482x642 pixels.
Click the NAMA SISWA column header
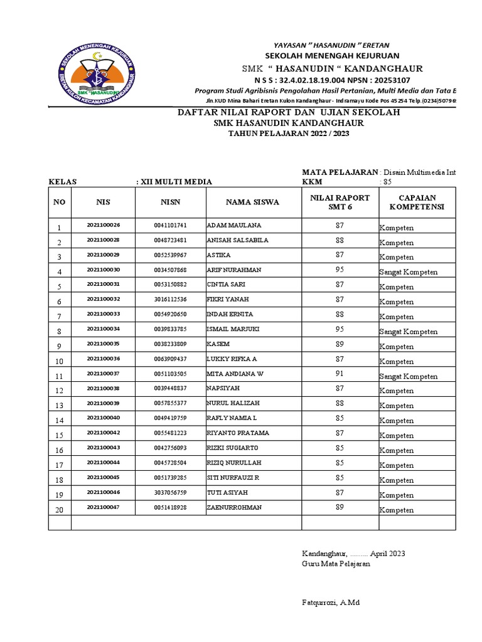pyautogui.click(x=253, y=202)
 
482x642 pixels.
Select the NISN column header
pyautogui.click(x=170, y=202)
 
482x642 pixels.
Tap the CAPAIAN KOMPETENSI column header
pyautogui.click(x=417, y=202)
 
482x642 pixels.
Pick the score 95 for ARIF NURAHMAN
pyautogui.click(x=340, y=270)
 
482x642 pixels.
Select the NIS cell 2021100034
pyautogui.click(x=103, y=329)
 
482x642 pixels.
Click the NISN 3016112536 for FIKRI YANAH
pyautogui.click(x=170, y=300)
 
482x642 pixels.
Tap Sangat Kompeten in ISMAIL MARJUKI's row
pyautogui.click(x=408, y=332)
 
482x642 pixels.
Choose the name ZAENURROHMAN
pyautogui.click(x=235, y=508)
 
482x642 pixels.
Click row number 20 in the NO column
pyautogui.click(x=60, y=510)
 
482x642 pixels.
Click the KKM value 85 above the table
pyautogui.click(x=387, y=182)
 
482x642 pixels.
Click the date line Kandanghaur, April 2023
pyautogui.click(x=353, y=553)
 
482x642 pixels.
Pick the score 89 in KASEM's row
pyautogui.click(x=340, y=344)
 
